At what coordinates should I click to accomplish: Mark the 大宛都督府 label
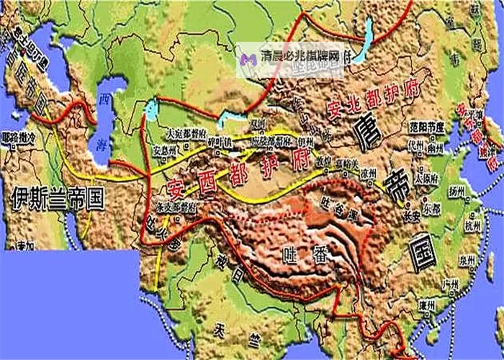pos(186,133)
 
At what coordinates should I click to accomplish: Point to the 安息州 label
pos(168,150)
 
